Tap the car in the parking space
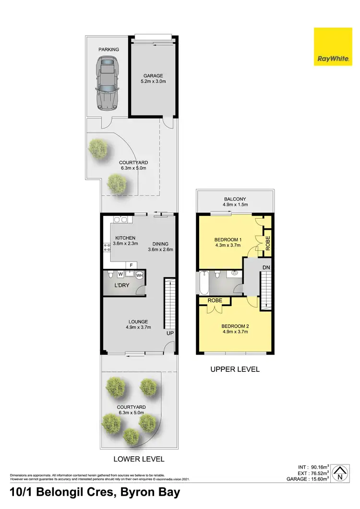click(108, 83)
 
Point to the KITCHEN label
click(125, 238)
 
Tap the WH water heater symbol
click(140, 275)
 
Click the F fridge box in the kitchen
click(131, 265)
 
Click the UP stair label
click(169, 332)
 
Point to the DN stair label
click(266, 267)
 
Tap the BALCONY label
click(235, 199)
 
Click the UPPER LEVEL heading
click(235, 369)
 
